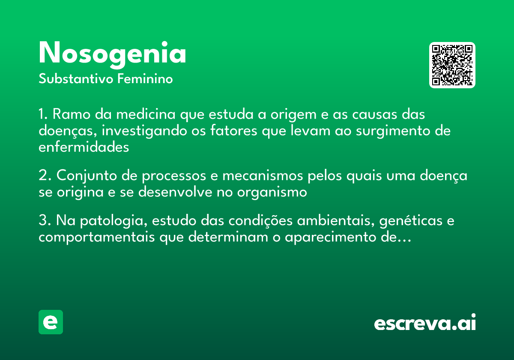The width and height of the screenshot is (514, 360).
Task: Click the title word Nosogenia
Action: (112, 54)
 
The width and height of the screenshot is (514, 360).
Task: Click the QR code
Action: (452, 65)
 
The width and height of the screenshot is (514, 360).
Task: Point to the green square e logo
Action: (51, 322)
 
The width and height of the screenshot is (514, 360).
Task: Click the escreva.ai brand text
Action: (425, 324)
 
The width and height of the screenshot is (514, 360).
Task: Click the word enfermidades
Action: (84, 147)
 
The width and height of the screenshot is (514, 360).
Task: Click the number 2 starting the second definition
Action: (42, 176)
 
